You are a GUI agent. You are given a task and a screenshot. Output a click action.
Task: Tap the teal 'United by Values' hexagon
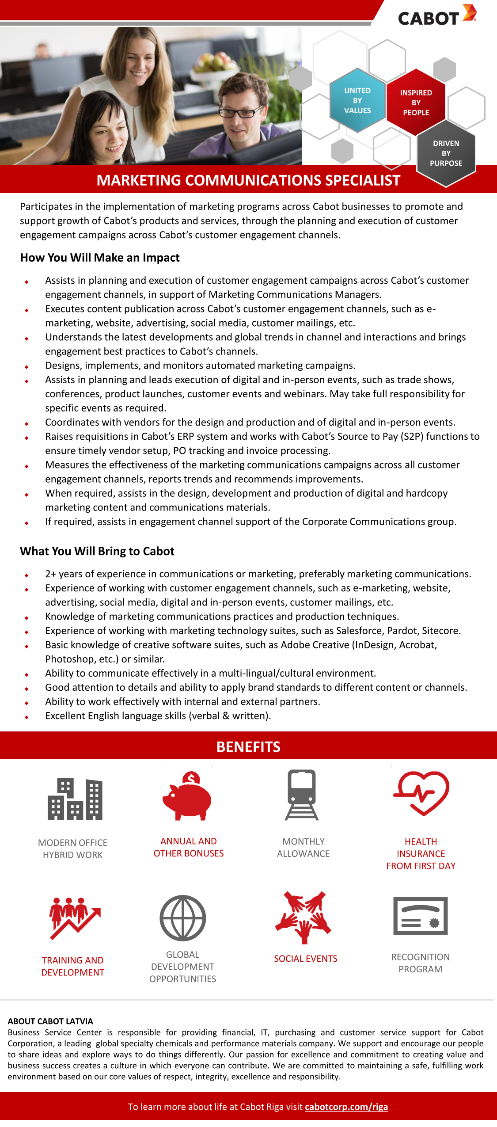[357, 100]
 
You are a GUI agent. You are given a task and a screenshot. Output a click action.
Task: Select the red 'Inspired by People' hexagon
[416, 103]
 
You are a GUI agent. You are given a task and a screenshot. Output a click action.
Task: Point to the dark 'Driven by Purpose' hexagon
[446, 153]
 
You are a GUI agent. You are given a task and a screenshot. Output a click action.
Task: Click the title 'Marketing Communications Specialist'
[248, 180]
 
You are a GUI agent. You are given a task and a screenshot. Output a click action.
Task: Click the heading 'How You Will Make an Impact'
[100, 258]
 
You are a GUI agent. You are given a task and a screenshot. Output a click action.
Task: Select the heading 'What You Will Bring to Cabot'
[97, 551]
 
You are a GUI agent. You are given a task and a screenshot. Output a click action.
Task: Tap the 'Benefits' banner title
[248, 746]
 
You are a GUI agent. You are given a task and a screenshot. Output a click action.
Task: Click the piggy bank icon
[187, 796]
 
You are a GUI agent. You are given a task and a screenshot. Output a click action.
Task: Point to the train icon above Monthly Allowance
[302, 795]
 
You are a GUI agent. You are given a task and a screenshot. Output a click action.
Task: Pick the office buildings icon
[75, 799]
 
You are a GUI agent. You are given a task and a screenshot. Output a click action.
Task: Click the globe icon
[182, 918]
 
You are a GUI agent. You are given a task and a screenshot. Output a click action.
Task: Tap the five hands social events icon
[304, 917]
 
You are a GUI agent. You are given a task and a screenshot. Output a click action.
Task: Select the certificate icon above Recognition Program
[420, 916]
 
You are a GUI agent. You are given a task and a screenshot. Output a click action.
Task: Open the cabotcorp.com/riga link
[346, 1107]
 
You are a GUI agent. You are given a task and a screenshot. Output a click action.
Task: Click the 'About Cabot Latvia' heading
[50, 1021]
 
